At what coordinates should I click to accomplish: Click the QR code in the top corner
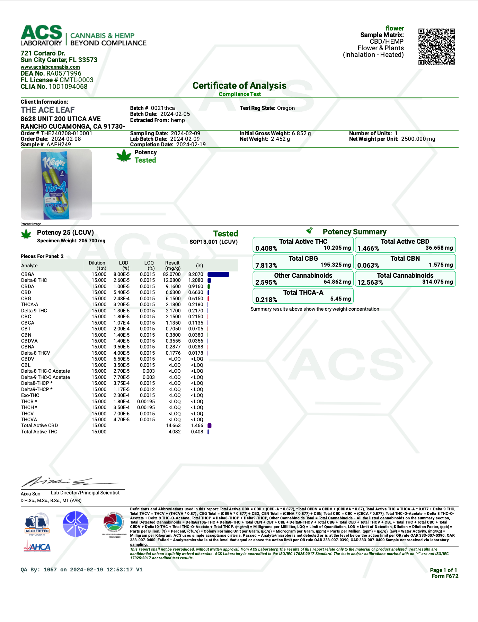(x=436, y=47)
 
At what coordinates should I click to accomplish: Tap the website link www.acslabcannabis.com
(x=50, y=67)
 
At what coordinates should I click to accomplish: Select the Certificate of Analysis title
(x=239, y=86)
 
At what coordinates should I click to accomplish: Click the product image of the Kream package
(x=56, y=184)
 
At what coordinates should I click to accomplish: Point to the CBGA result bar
(x=218, y=275)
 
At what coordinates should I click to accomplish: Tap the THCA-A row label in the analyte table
(x=30, y=304)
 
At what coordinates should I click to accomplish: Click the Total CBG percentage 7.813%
(x=266, y=266)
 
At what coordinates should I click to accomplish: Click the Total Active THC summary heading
(x=303, y=241)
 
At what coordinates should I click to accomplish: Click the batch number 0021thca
(x=163, y=108)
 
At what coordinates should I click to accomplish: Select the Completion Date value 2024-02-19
(x=191, y=145)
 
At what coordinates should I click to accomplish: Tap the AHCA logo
(x=37, y=547)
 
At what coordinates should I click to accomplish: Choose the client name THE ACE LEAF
(x=48, y=110)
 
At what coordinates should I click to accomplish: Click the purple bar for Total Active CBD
(x=210, y=426)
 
